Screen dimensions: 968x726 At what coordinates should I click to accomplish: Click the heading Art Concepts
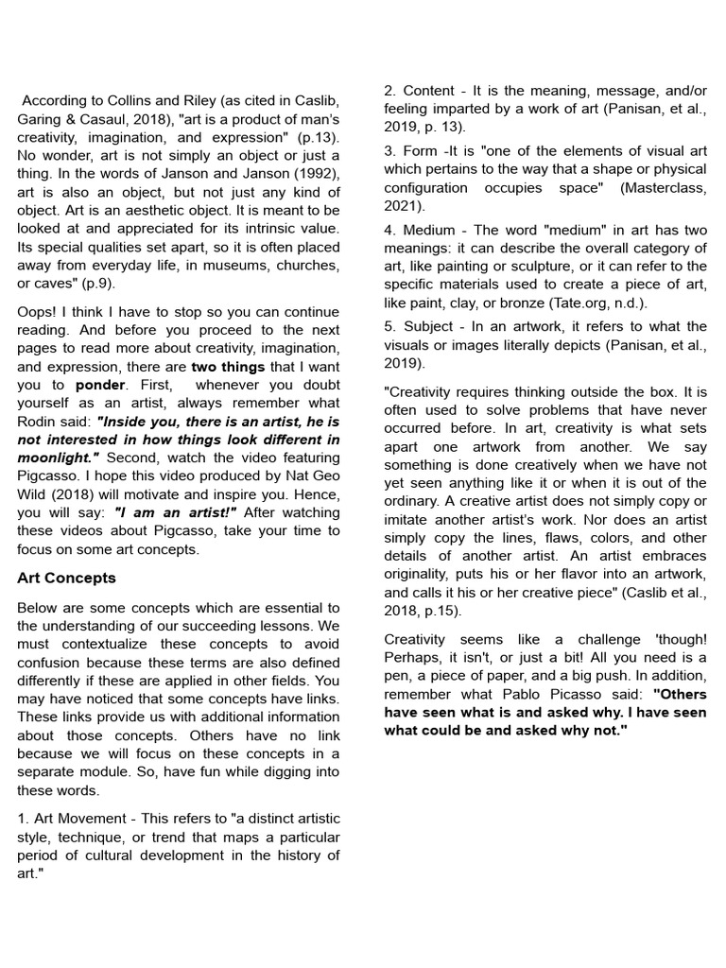point(66,578)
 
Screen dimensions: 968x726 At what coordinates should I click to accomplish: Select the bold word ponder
point(100,386)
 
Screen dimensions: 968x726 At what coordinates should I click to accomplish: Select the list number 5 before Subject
point(389,326)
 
